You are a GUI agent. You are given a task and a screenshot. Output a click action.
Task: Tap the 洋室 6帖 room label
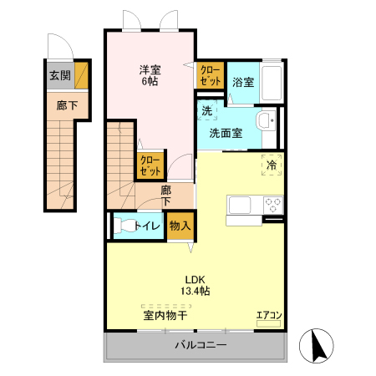150,75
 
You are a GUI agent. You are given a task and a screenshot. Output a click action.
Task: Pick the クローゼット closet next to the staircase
150,165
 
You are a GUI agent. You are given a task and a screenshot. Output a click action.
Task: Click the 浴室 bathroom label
243,82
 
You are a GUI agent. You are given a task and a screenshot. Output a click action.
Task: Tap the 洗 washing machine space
206,109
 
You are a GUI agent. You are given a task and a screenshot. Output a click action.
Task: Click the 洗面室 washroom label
226,132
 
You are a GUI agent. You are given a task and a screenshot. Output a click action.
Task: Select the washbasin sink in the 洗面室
267,122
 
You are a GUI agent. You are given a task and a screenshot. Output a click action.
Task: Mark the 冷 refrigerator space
271,164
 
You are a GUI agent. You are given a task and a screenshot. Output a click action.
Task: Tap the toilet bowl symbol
124,225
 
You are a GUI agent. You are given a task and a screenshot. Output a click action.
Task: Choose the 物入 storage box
180,226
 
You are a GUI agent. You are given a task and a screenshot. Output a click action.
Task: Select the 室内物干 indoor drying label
164,316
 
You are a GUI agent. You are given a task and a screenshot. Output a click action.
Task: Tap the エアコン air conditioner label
269,316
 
